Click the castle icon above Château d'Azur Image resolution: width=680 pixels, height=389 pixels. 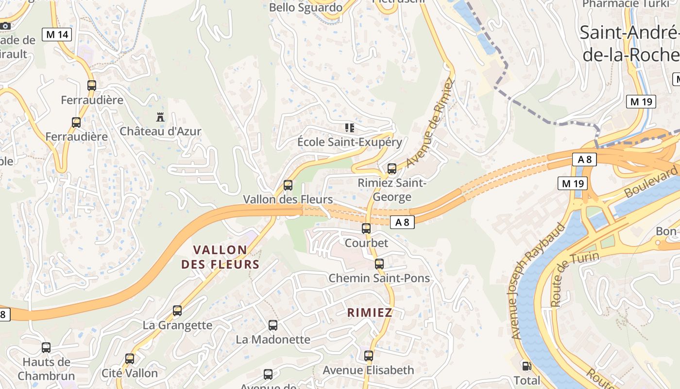click(160, 117)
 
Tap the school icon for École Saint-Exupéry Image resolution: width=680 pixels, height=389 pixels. click(349, 128)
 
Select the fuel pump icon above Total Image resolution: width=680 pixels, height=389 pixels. click(527, 366)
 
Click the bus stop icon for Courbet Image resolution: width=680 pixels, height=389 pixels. click(366, 228)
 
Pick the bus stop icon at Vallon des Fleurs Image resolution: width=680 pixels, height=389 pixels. click(288, 185)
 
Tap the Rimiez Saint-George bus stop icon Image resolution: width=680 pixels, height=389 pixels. click(392, 169)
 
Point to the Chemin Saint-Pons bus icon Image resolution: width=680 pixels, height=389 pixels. click(379, 264)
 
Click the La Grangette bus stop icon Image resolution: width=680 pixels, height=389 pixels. click(177, 310)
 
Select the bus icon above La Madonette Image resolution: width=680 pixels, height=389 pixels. click(273, 325)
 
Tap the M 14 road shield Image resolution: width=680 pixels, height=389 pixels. click(57, 35)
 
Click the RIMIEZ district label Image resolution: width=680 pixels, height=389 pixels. click(370, 313)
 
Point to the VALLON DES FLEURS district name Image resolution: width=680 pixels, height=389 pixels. click(220, 257)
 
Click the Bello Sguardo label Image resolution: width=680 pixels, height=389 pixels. click(306, 7)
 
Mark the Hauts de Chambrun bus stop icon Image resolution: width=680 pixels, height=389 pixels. click(46, 348)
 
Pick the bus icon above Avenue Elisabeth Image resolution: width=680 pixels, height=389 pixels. click(369, 356)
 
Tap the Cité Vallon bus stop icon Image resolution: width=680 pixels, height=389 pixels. click(130, 359)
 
